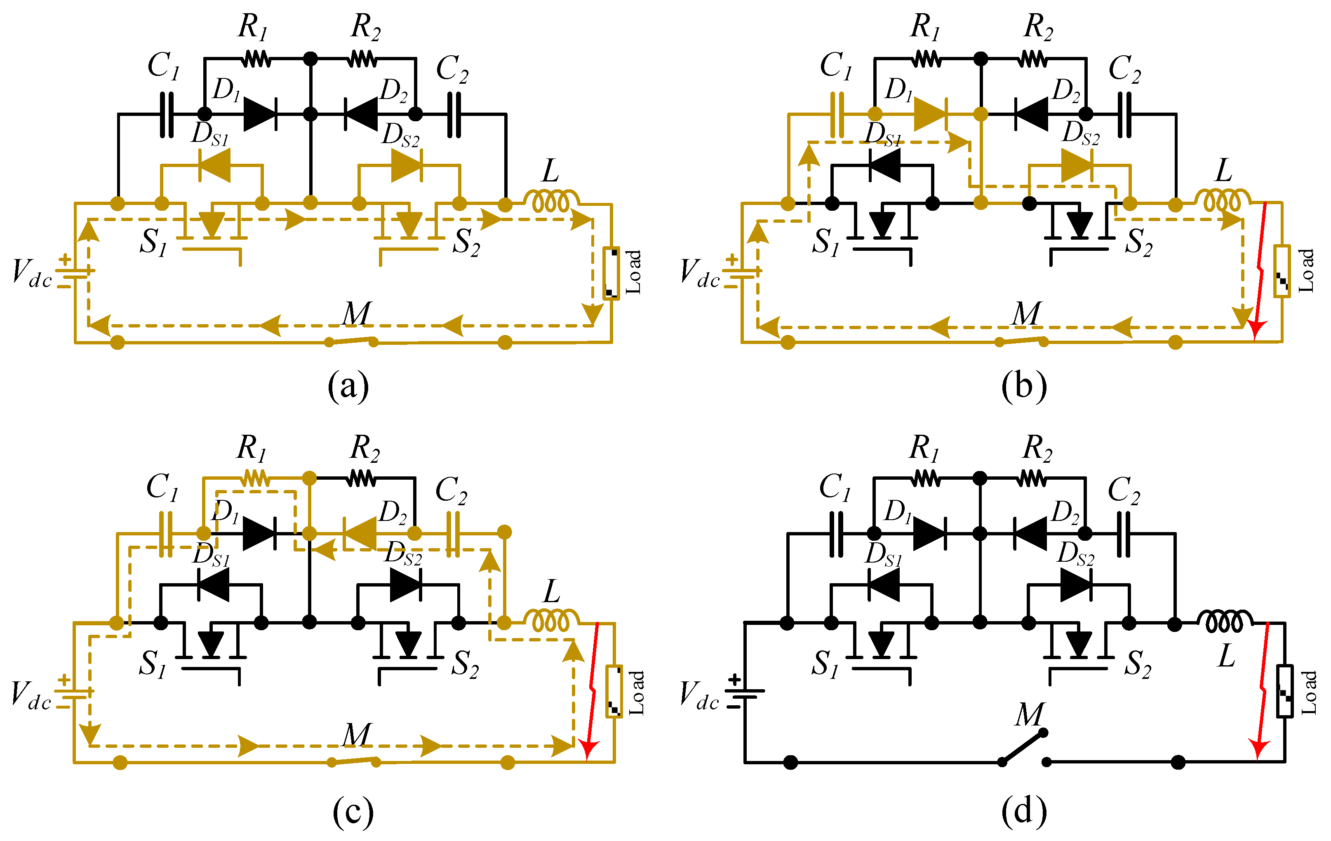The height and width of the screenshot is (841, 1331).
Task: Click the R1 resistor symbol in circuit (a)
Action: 256,58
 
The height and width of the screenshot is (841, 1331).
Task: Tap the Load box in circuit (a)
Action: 611,273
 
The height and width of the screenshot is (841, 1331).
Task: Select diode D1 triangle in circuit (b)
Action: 930,114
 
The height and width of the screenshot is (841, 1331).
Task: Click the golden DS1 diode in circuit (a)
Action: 214,165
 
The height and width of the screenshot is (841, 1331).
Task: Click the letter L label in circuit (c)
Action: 551,591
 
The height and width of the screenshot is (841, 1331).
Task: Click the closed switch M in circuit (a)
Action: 351,341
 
